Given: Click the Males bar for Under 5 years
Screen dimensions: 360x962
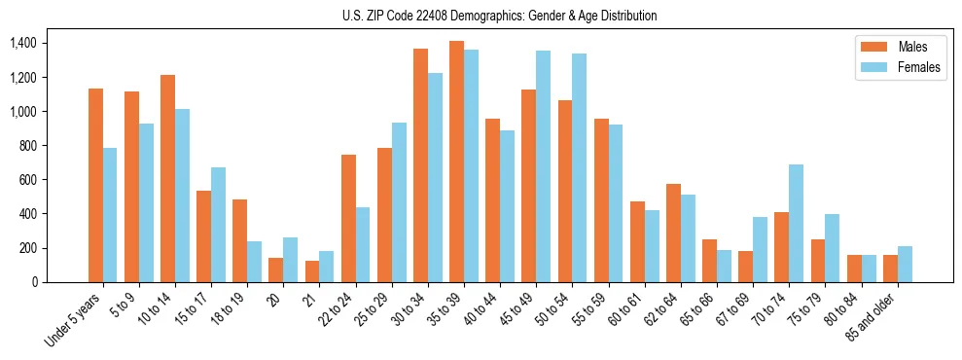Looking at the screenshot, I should [95, 185].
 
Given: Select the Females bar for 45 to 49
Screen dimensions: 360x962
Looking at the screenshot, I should [543, 166].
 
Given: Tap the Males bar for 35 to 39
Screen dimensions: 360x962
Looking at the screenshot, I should [456, 162].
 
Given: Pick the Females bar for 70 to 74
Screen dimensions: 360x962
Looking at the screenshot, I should [796, 223].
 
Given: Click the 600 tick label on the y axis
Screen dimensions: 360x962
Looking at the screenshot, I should [26, 180].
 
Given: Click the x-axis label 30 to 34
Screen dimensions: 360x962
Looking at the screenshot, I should [414, 307].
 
